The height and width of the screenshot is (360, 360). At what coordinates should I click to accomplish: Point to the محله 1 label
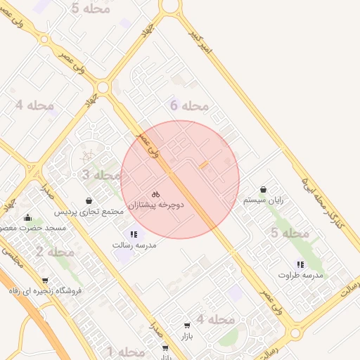click(125, 351)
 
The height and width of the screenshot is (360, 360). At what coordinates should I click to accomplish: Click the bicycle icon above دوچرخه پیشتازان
click(155, 194)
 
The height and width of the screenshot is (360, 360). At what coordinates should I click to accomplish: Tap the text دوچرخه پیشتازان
click(155, 205)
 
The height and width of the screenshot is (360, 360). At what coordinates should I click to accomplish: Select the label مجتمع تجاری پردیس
click(89, 211)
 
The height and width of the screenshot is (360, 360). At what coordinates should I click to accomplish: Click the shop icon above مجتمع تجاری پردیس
click(89, 200)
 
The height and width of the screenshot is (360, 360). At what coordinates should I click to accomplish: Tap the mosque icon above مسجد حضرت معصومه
click(27, 218)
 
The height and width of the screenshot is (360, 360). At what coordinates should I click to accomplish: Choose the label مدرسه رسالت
click(134, 245)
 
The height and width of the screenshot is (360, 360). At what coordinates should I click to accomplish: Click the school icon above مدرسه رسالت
click(134, 234)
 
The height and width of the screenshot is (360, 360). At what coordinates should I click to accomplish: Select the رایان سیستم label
click(263, 200)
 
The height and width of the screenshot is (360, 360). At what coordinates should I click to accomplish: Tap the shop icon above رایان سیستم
click(263, 189)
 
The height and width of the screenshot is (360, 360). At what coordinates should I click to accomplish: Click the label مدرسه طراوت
click(300, 275)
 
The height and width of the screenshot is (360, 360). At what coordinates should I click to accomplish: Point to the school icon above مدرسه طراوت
click(300, 264)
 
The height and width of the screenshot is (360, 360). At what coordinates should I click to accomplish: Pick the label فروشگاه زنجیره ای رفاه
click(45, 290)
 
